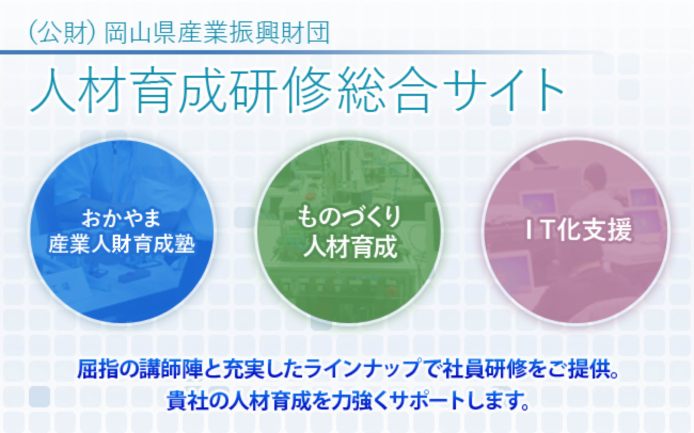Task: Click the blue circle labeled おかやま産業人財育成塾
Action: [x=122, y=232]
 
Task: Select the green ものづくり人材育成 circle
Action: [x=349, y=232]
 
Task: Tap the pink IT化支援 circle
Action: [x=576, y=232]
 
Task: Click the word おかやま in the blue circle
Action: [x=121, y=218]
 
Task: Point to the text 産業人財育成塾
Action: [x=122, y=244]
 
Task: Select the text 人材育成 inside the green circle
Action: [x=350, y=246]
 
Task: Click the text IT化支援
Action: [x=579, y=229]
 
